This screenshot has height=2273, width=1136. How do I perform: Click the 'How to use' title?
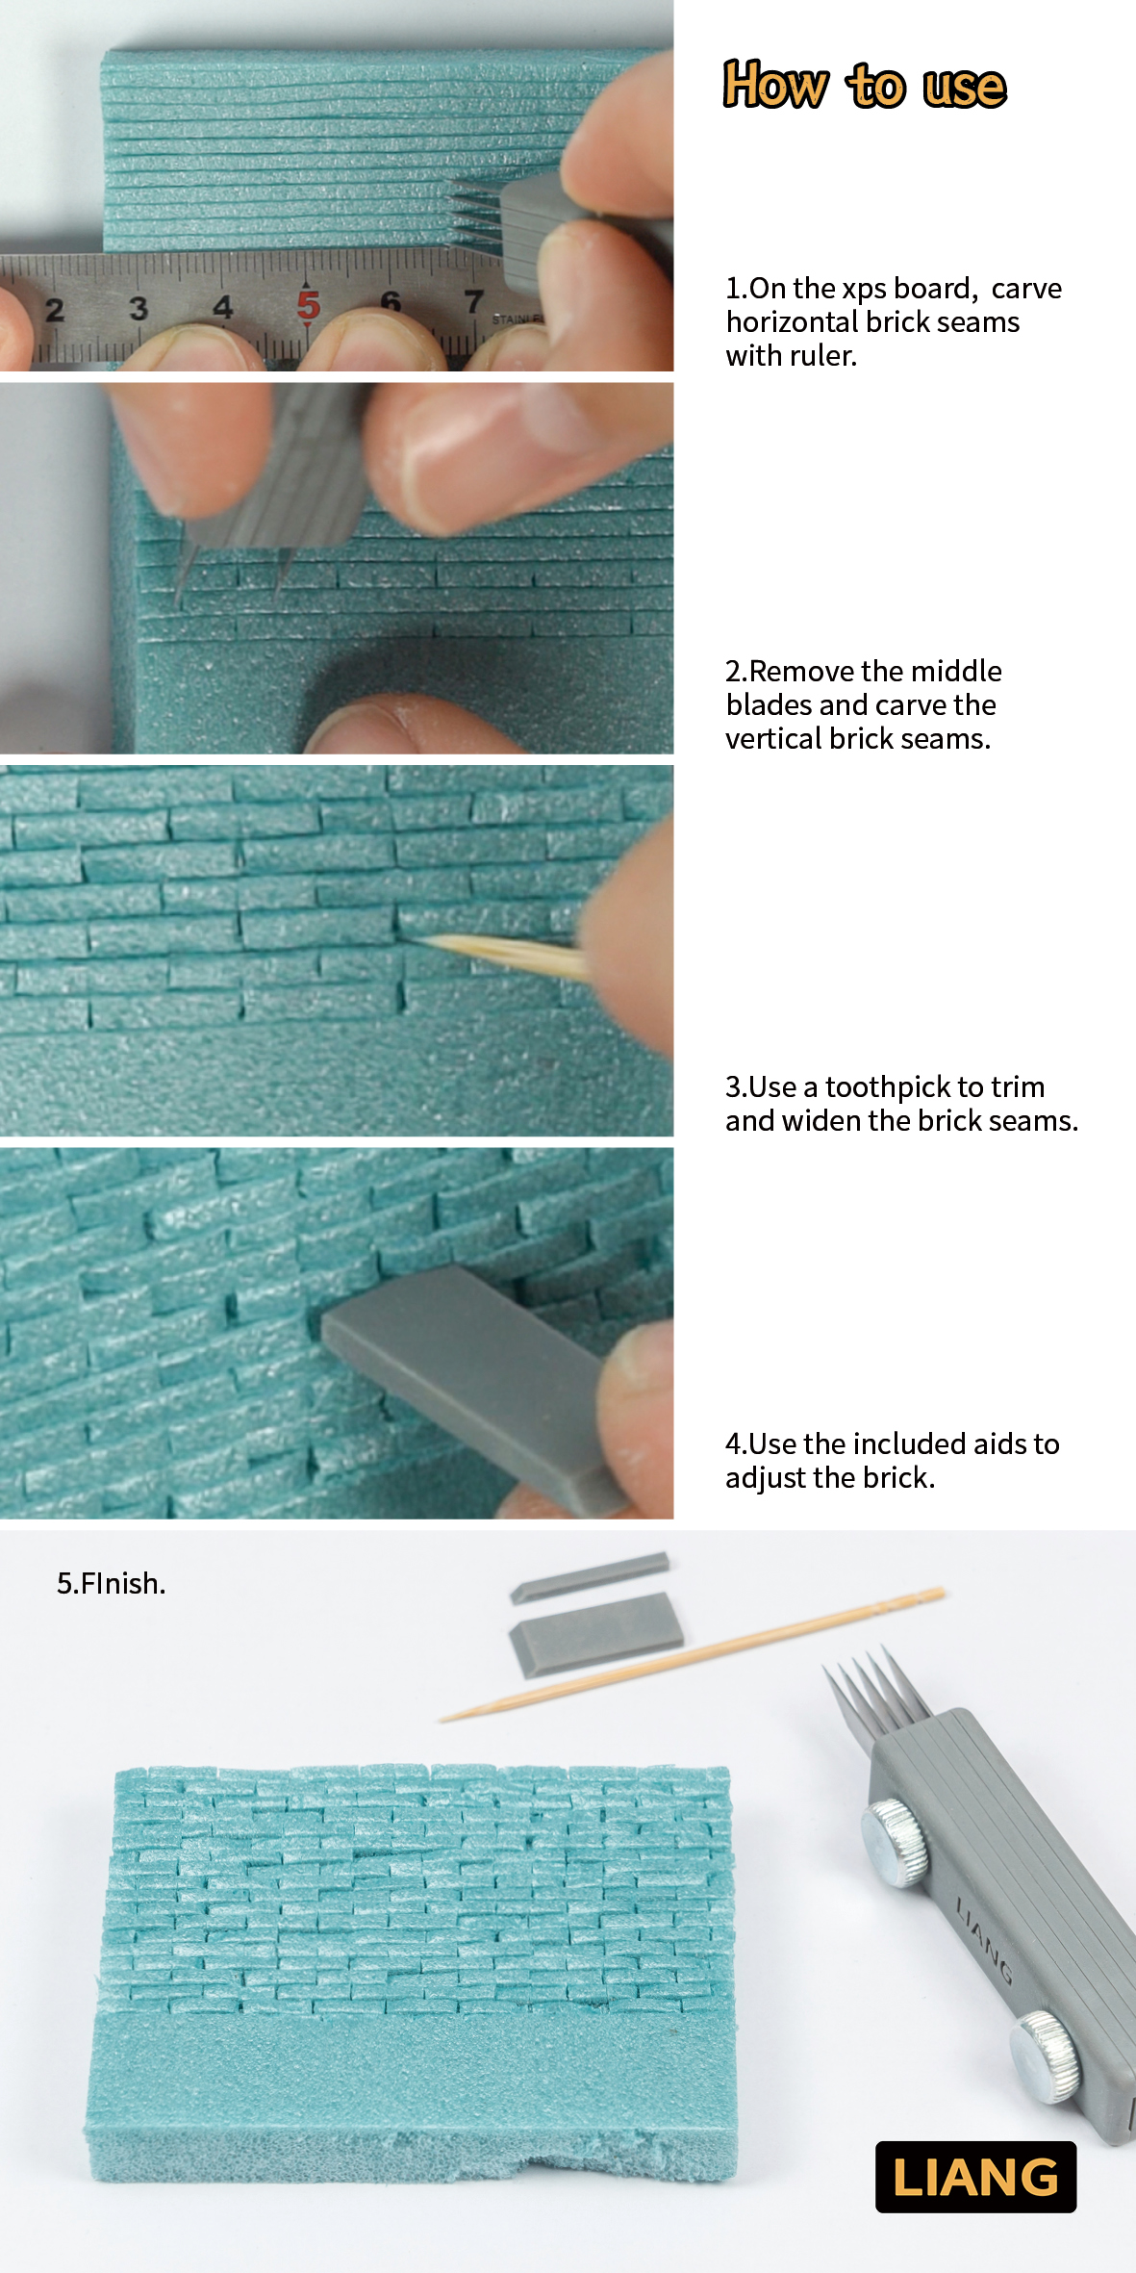[865, 86]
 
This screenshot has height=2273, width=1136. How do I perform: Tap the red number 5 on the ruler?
[308, 306]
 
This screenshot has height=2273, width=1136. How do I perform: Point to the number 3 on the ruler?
[139, 308]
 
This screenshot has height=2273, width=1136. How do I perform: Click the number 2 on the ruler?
[55, 310]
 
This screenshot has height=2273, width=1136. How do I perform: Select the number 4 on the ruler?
[223, 307]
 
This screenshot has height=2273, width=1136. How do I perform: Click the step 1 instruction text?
[894, 321]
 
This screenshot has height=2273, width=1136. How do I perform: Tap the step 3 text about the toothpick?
[901, 1104]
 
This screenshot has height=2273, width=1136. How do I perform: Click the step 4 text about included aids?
[892, 1460]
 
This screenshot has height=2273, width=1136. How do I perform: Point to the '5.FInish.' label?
[111, 1583]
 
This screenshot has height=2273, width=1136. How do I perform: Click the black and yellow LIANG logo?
[975, 2177]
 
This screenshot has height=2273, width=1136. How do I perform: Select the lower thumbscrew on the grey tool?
[1046, 2055]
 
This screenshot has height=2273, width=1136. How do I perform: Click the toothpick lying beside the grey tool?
[692, 1653]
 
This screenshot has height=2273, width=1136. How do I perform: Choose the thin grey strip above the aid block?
[589, 1576]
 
